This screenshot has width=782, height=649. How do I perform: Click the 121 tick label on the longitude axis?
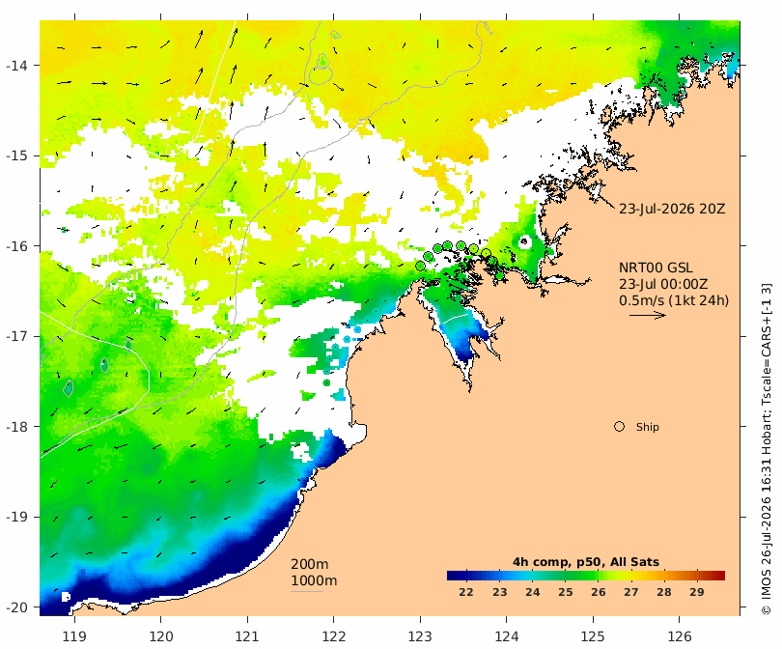point(247,636)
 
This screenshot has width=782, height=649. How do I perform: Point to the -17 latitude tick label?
point(19,336)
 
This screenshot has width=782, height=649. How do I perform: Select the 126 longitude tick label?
point(680,636)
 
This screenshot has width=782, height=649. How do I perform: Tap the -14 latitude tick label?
point(19,66)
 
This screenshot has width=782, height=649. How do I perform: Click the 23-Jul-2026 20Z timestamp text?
point(672,209)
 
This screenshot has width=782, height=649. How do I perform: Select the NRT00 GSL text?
point(656,268)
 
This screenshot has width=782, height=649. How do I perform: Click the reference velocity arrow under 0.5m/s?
point(648,315)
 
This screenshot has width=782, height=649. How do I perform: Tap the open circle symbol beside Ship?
point(619,427)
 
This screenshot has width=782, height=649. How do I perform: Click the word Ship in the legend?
point(648,427)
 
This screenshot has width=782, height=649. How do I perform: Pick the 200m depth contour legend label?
point(310,564)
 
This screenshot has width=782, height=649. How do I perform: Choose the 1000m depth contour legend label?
point(314,580)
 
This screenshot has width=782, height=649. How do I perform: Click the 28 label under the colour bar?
point(664,592)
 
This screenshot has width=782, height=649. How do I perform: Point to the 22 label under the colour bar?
point(465,592)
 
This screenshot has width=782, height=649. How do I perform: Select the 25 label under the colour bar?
point(565,592)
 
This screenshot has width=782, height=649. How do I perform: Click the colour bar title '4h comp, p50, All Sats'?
point(586,562)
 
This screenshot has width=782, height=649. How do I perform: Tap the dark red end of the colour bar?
point(720,576)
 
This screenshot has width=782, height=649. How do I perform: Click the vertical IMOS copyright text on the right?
point(767,449)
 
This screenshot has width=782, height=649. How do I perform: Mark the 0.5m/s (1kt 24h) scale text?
point(674,300)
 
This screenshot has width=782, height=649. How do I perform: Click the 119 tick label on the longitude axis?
point(74,636)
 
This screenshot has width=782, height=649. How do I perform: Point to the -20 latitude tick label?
point(19,607)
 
